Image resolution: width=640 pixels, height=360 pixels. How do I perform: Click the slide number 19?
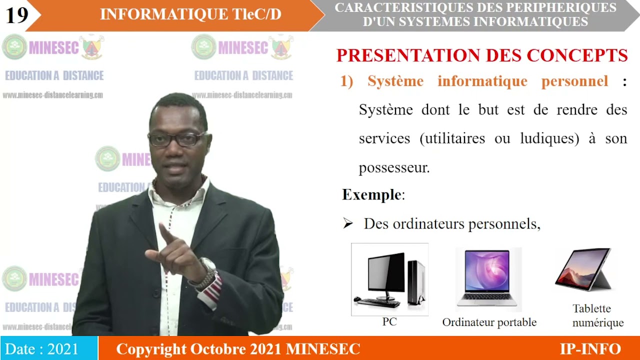(x=17, y=15)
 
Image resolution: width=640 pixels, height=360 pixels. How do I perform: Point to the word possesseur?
(x=394, y=168)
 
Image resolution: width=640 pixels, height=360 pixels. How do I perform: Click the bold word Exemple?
(x=371, y=194)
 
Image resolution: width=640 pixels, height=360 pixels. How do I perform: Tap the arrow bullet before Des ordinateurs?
(x=348, y=224)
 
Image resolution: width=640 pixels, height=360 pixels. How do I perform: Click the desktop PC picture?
(x=389, y=279)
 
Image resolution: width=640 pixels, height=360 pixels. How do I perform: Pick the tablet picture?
(x=584, y=270)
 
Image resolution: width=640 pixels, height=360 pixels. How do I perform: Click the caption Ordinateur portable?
(x=489, y=322)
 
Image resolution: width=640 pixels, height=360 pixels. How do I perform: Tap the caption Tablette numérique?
(x=597, y=315)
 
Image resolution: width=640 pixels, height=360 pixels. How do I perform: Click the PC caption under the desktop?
(x=389, y=322)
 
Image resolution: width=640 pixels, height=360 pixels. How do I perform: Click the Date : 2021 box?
(x=48, y=348)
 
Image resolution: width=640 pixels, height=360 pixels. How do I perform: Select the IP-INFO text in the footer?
(x=590, y=348)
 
